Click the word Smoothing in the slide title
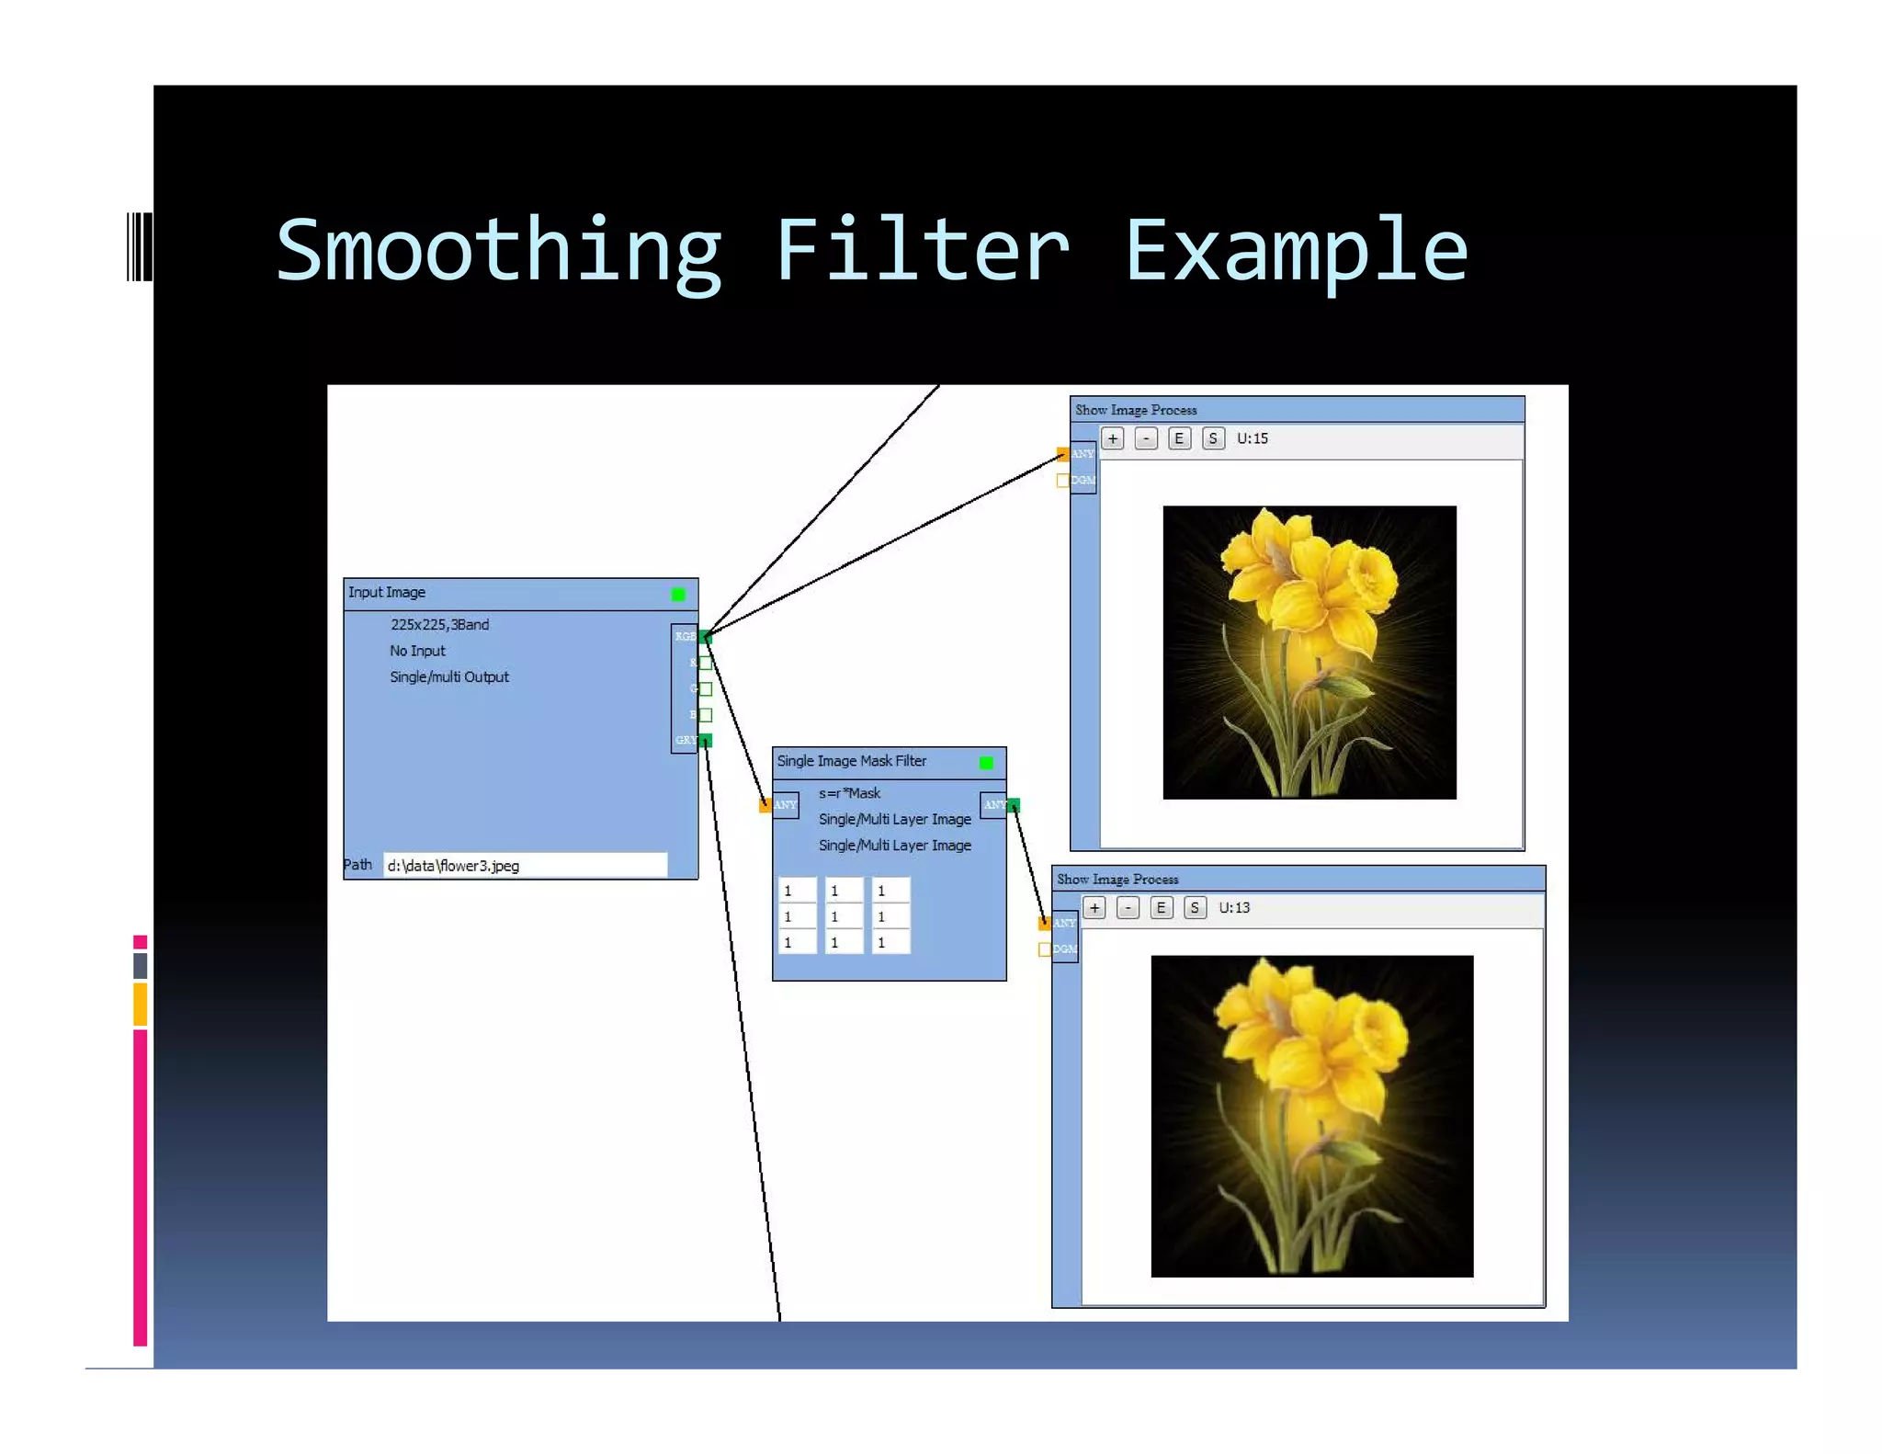coord(499,252)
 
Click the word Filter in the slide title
coord(922,252)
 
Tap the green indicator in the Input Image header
coord(678,595)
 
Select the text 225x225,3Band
coord(439,625)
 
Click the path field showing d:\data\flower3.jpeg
coord(524,866)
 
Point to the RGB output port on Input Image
coord(706,637)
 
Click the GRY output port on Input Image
coord(706,741)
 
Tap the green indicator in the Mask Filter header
coord(986,763)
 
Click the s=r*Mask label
coord(849,793)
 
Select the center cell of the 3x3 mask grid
coord(843,916)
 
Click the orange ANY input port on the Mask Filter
coord(765,805)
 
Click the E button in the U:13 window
coord(1162,908)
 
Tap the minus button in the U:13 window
coord(1128,908)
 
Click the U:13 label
coord(1234,908)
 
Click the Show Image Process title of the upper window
coord(1136,410)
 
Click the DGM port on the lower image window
coord(1045,949)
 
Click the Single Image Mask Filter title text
coord(851,761)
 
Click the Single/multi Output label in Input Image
coord(448,677)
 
